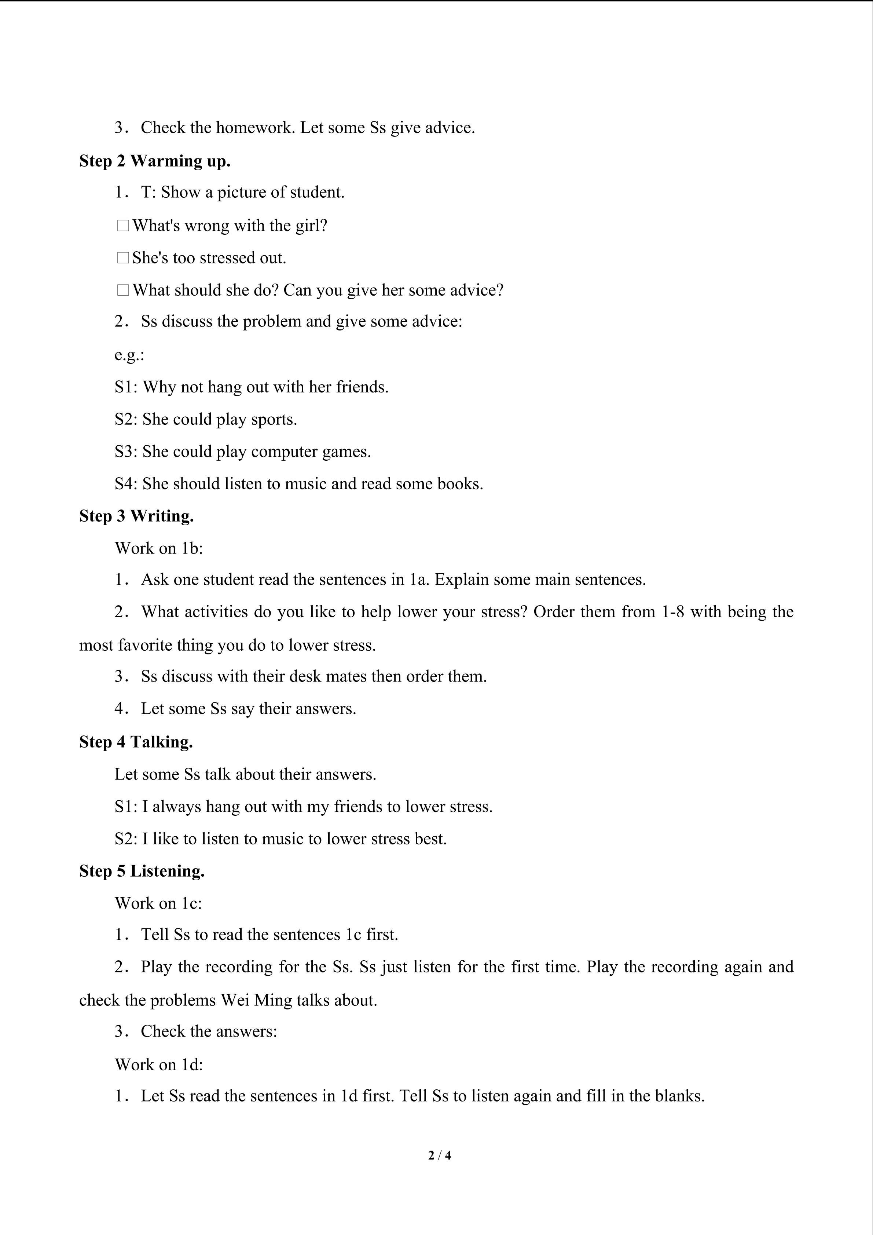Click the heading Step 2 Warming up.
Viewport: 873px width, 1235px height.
tap(155, 161)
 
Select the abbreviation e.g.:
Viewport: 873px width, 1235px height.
tap(129, 355)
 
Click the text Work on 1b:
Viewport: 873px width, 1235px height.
tap(159, 548)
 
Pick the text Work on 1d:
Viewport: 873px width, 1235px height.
tap(159, 1064)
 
